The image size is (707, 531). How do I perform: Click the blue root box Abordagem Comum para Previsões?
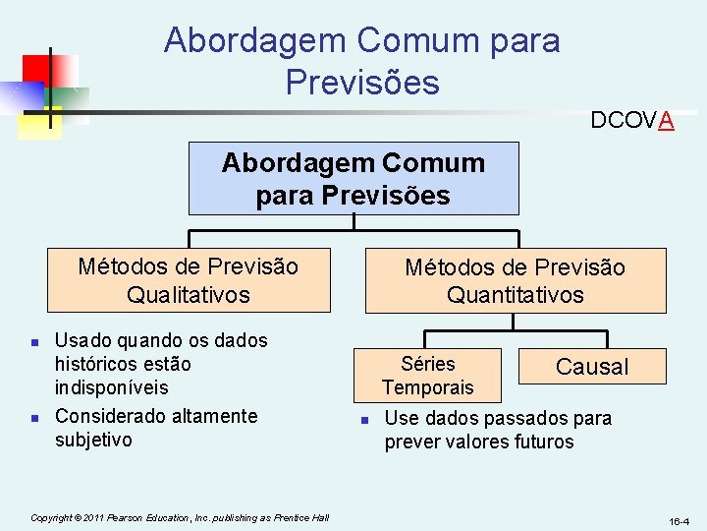353,178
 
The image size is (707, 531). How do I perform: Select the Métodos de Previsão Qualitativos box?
188,280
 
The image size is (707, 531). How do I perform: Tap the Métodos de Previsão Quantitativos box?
515,280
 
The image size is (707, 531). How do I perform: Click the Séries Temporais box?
428,376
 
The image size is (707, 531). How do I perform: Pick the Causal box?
591,367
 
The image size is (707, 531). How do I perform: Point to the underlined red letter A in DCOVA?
667,121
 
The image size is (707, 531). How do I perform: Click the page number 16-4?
680,520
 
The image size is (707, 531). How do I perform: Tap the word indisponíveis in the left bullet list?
111,387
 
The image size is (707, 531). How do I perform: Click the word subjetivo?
93,440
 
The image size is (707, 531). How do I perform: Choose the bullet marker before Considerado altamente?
34,418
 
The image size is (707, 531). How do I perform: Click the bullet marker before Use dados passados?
363,420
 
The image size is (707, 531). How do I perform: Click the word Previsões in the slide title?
362,82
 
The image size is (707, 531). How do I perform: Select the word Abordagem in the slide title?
254,40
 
